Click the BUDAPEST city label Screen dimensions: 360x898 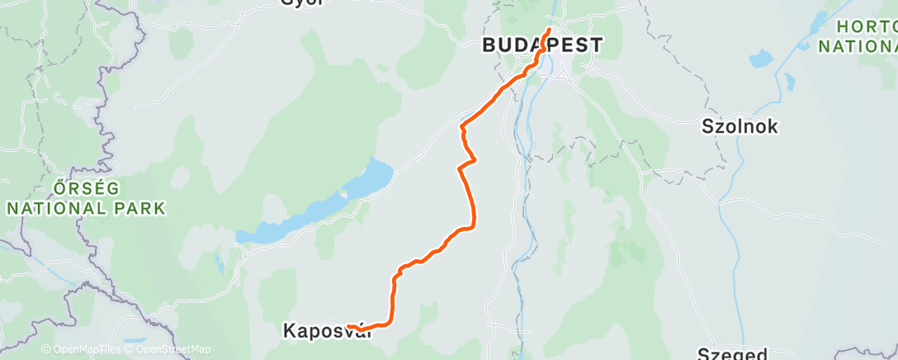[x=543, y=45]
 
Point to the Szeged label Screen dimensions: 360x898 [x=733, y=353]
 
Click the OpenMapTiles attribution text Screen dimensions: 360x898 [x=81, y=349]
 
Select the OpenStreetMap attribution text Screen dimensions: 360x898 [x=168, y=349]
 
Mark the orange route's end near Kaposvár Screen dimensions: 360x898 [x=349, y=327]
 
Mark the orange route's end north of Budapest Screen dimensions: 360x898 [x=549, y=31]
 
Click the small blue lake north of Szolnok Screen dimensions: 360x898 [x=759, y=59]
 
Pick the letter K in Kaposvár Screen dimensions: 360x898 [x=289, y=331]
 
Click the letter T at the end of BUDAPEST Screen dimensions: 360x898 [x=596, y=45]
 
